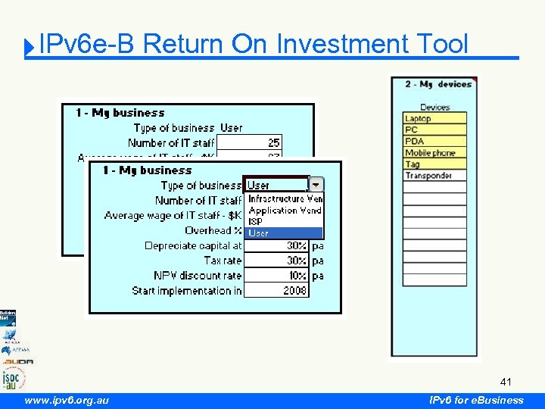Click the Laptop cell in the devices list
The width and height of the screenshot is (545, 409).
(x=434, y=118)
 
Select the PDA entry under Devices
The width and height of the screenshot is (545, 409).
(x=434, y=141)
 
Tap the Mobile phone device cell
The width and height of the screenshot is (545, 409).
(x=434, y=152)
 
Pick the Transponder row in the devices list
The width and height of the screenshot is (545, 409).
(x=434, y=176)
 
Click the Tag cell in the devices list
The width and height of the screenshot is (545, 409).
(x=434, y=164)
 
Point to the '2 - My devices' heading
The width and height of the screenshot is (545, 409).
(x=438, y=84)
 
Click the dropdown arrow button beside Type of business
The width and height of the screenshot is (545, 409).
(x=316, y=184)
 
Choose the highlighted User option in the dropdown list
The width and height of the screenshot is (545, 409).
(x=285, y=233)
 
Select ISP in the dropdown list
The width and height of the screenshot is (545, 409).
(x=285, y=222)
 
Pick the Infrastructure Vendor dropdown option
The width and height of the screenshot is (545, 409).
(x=285, y=198)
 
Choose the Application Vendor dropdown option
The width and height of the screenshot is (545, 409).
(x=285, y=211)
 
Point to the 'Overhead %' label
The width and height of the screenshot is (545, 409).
(x=213, y=230)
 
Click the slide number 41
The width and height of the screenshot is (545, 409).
(x=506, y=382)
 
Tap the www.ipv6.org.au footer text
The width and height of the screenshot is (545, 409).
(x=67, y=400)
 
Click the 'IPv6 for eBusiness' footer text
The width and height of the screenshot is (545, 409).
(x=476, y=400)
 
